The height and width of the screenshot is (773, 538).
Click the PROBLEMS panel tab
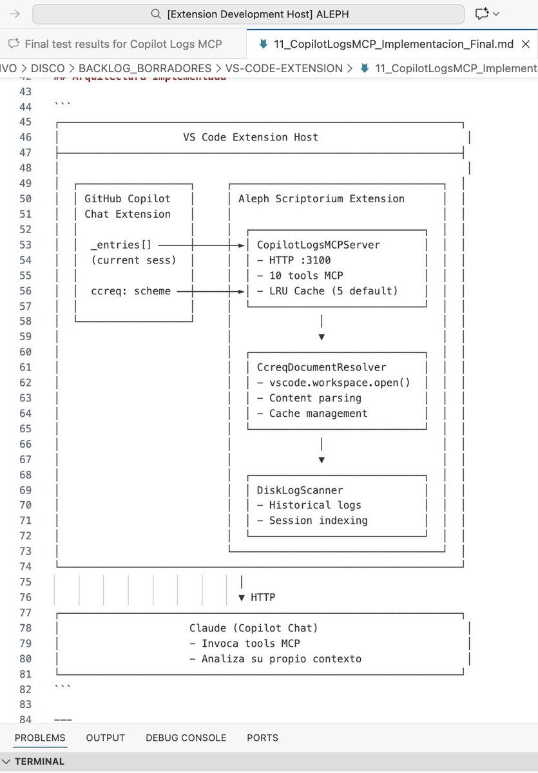click(x=40, y=738)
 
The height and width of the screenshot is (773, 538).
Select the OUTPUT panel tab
click(x=105, y=738)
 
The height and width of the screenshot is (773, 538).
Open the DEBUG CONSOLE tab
click(x=186, y=738)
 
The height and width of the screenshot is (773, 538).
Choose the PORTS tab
click(x=262, y=738)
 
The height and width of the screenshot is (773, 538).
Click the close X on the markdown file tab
click(x=526, y=44)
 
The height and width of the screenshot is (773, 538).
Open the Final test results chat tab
click(x=123, y=44)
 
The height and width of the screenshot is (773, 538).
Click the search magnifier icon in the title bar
click(x=156, y=14)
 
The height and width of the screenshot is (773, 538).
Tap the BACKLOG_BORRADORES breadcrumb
click(x=145, y=68)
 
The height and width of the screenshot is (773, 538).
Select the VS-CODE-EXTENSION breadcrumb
click(x=283, y=68)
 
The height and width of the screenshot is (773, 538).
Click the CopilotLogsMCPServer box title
click(x=318, y=245)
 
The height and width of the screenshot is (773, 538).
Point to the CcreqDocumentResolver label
click(x=322, y=367)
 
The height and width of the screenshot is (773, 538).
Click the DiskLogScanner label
click(x=300, y=490)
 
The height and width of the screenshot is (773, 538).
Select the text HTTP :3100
click(x=300, y=260)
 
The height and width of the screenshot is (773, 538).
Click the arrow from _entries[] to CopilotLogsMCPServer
click(x=201, y=245)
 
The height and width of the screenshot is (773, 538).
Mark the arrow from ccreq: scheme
click(x=211, y=292)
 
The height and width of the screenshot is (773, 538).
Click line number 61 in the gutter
click(x=25, y=367)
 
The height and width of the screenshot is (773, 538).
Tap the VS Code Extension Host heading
click(x=251, y=137)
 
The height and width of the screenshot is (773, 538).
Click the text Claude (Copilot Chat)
click(x=253, y=627)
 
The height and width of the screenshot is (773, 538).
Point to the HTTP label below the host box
click(x=263, y=597)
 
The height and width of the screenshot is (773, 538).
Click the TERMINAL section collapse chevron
click(x=6, y=761)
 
